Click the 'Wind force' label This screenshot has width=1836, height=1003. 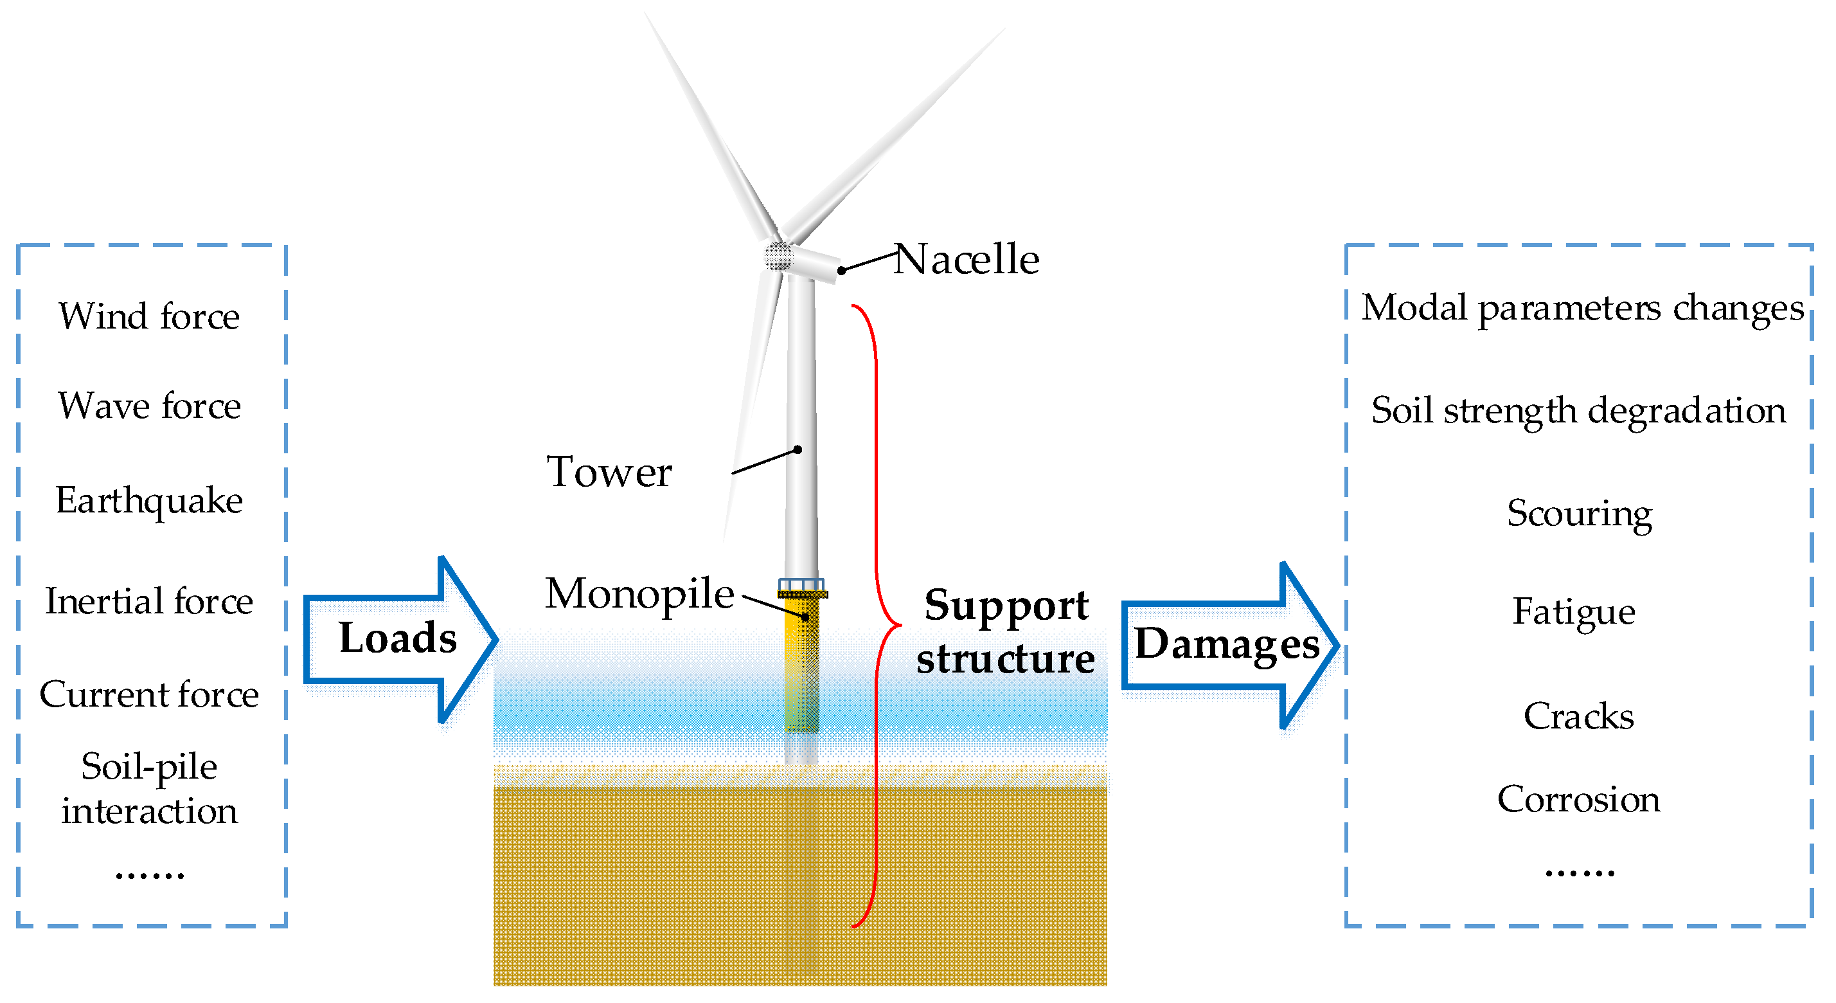pyautogui.click(x=149, y=316)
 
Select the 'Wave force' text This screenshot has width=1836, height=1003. pyautogui.click(x=149, y=406)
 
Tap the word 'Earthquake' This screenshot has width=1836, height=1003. pyautogui.click(x=149, y=500)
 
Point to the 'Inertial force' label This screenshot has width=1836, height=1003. pyautogui.click(x=149, y=601)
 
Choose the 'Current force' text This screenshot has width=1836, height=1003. pyautogui.click(x=149, y=694)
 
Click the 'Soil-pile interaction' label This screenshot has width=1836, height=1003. pyautogui.click(x=149, y=788)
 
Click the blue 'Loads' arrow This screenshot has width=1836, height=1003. pyautogui.click(x=399, y=638)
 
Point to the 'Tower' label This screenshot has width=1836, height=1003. pyautogui.click(x=609, y=472)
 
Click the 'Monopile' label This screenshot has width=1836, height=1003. pyautogui.click(x=639, y=593)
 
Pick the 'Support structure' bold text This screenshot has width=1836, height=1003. pyautogui.click(x=1006, y=631)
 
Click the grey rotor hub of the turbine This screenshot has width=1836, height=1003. pyautogui.click(x=778, y=256)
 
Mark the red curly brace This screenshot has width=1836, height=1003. pyautogui.click(x=877, y=617)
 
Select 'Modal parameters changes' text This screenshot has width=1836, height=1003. pyautogui.click(x=1582, y=309)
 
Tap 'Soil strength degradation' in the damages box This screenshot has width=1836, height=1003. pyautogui.click(x=1579, y=411)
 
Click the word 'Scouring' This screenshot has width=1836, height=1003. pyautogui.click(x=1580, y=513)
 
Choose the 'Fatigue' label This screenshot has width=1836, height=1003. pyautogui.click(x=1574, y=611)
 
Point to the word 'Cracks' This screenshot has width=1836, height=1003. pyautogui.click(x=1579, y=716)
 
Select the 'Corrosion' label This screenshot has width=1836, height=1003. pyautogui.click(x=1579, y=799)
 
